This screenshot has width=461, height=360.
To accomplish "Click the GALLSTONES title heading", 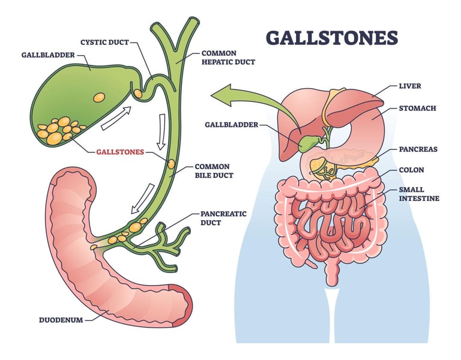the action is pyautogui.click(x=331, y=37).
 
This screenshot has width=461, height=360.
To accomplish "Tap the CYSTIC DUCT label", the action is pyautogui.click(x=106, y=42).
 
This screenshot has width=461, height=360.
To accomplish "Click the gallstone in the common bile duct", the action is pyautogui.click(x=171, y=163).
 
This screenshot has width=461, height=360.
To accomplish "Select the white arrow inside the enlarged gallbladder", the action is pyautogui.click(x=116, y=118).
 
